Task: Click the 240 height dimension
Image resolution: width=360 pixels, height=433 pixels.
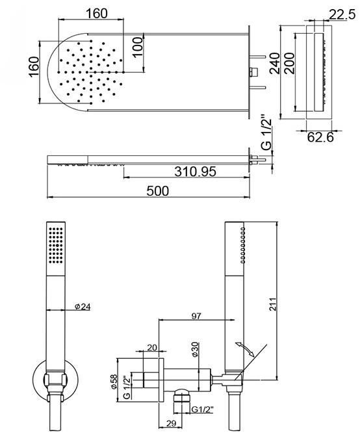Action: coord(275,65)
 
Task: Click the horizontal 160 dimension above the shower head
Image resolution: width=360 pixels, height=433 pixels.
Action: coord(96,14)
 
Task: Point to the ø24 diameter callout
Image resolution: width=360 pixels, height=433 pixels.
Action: coord(82,307)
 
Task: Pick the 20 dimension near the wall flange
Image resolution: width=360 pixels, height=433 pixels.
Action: coord(152,348)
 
